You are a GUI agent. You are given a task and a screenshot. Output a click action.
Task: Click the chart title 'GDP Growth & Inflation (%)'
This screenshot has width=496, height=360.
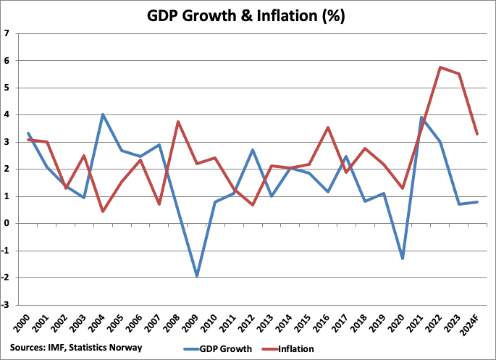point(248,15)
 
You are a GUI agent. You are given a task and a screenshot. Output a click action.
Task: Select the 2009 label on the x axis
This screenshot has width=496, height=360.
point(195,323)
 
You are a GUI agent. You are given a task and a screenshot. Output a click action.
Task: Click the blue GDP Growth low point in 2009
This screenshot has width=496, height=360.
point(196,276)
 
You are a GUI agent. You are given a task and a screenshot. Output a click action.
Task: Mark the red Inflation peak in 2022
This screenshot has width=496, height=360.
point(440,67)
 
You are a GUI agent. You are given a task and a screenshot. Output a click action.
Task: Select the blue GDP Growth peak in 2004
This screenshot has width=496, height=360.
point(102,114)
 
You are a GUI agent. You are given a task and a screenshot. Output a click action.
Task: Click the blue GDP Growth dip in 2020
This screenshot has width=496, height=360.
point(402,259)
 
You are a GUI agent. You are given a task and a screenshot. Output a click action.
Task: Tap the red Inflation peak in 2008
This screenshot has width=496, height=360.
point(177,122)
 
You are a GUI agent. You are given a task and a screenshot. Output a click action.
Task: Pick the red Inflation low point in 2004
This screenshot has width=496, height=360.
point(102,212)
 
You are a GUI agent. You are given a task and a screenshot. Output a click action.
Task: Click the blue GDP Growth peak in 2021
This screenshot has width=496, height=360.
point(421,117)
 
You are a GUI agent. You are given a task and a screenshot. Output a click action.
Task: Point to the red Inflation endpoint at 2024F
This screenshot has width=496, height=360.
point(476,134)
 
